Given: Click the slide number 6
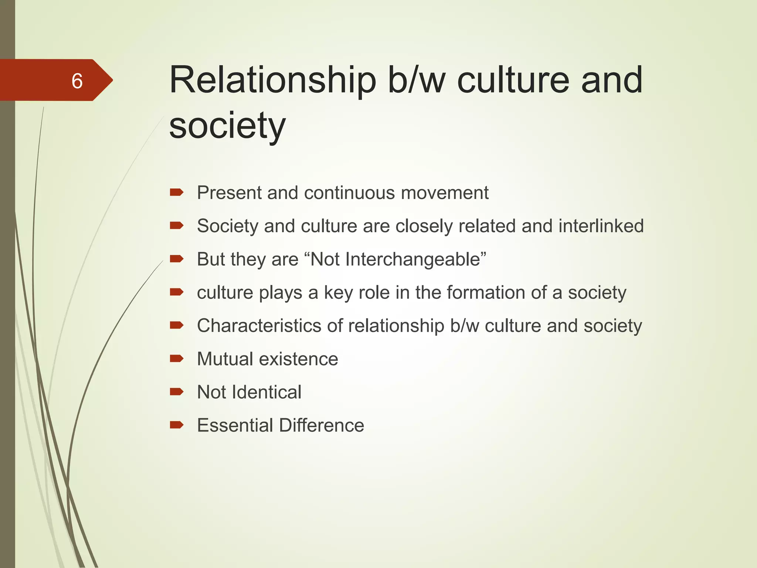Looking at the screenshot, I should pos(77,81).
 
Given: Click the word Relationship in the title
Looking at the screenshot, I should pos(272,80).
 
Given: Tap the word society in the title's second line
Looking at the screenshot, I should pos(227,126).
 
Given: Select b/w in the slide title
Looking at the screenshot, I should pos(416,80).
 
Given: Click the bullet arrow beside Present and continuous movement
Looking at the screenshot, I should pos(177,192).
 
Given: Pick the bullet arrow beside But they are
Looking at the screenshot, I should pos(177,258).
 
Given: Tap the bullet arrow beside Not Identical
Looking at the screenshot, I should pos(177,392).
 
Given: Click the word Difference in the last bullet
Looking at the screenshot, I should pos(322,426).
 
